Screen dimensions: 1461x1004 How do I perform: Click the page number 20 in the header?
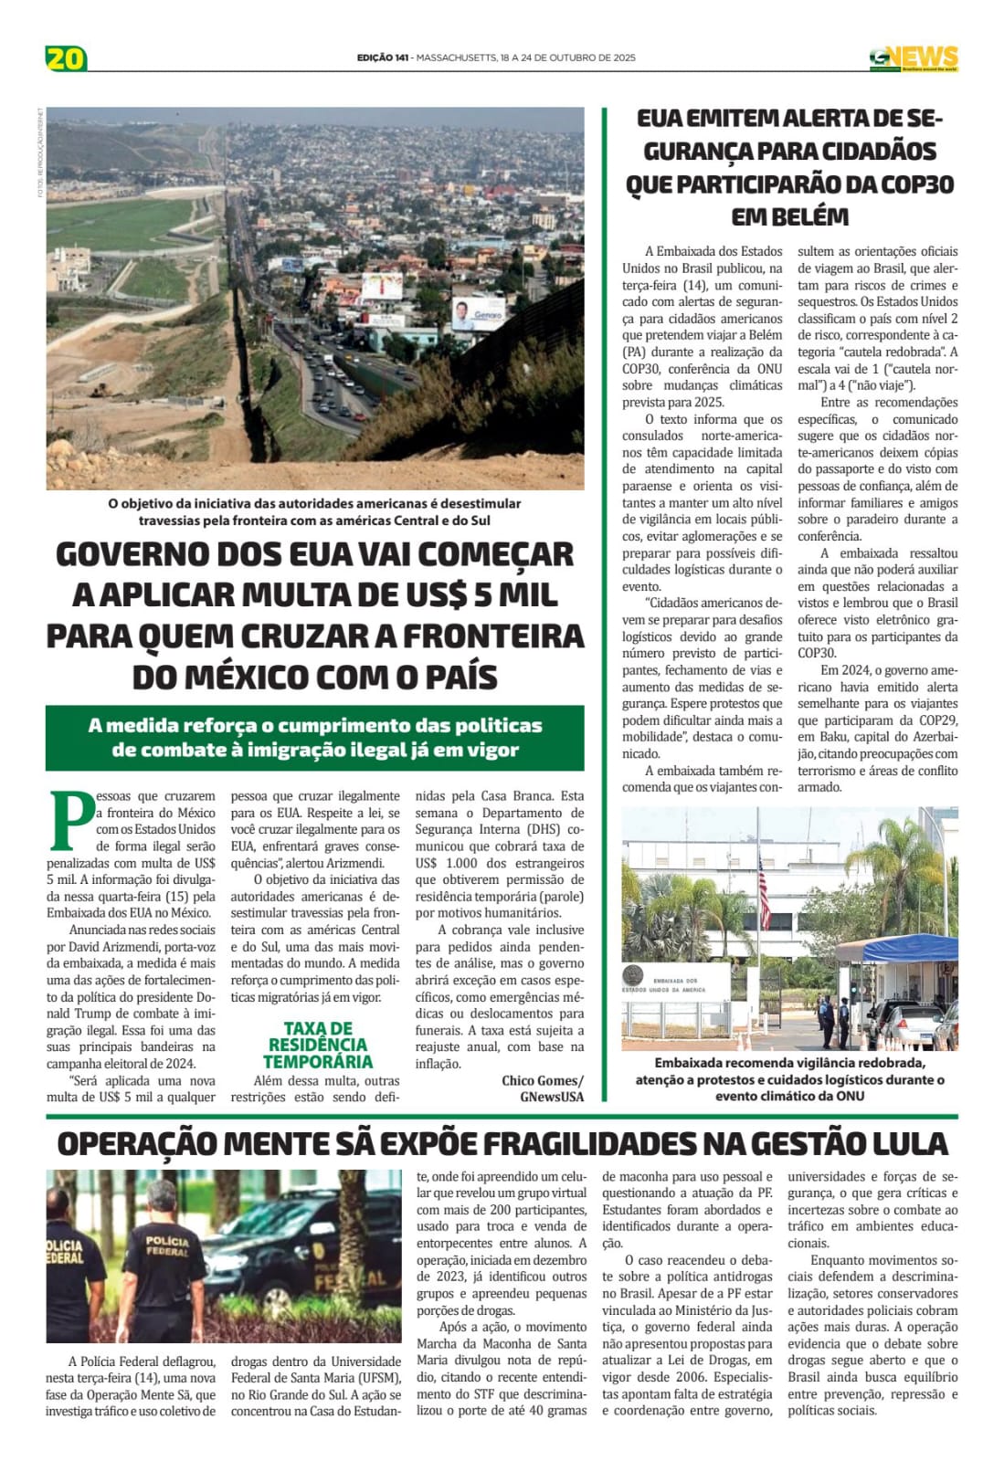pos(66,58)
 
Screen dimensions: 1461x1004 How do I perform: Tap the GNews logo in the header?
pos(913,58)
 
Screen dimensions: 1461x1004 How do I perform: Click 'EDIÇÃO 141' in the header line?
pos(383,58)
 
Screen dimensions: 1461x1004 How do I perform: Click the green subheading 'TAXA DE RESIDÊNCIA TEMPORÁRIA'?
pos(318,1045)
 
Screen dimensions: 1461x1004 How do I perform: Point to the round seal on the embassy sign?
pos(632,975)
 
